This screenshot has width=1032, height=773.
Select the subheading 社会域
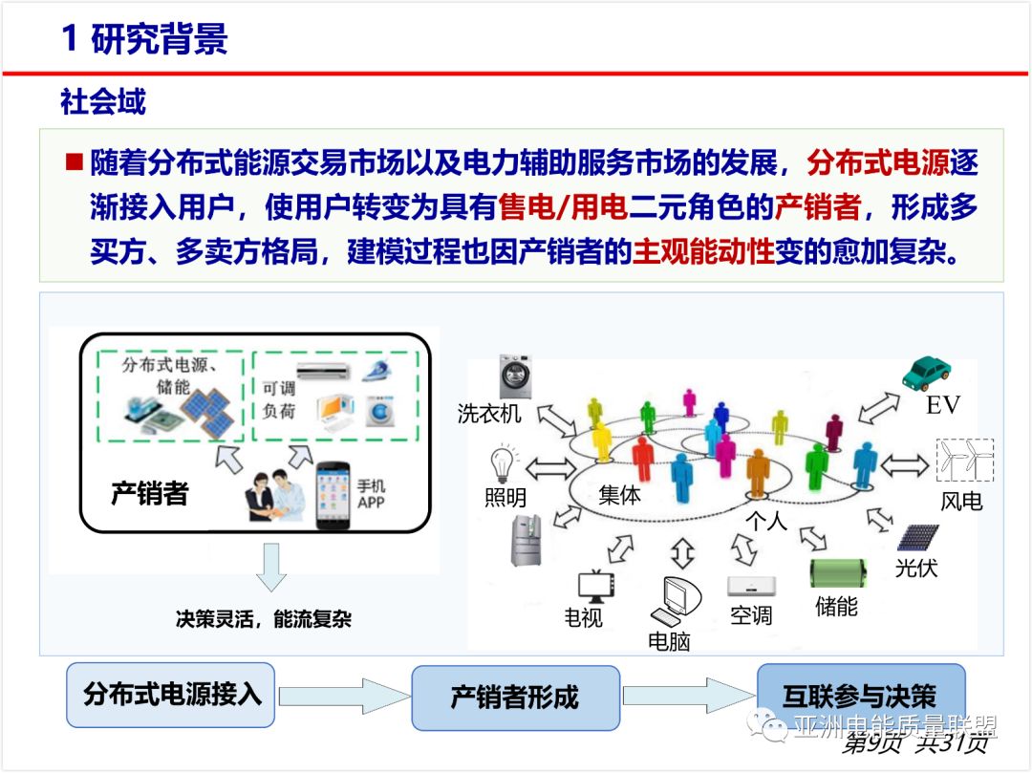(x=103, y=101)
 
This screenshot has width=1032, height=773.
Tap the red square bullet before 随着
(x=75, y=161)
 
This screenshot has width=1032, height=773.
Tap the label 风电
(x=960, y=500)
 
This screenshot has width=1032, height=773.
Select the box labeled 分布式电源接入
(x=171, y=694)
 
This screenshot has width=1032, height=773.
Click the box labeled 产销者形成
(x=514, y=697)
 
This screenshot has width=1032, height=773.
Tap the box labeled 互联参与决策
(x=859, y=696)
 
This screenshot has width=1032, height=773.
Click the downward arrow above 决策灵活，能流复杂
(x=271, y=567)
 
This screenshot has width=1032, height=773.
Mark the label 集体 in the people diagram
(x=620, y=495)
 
